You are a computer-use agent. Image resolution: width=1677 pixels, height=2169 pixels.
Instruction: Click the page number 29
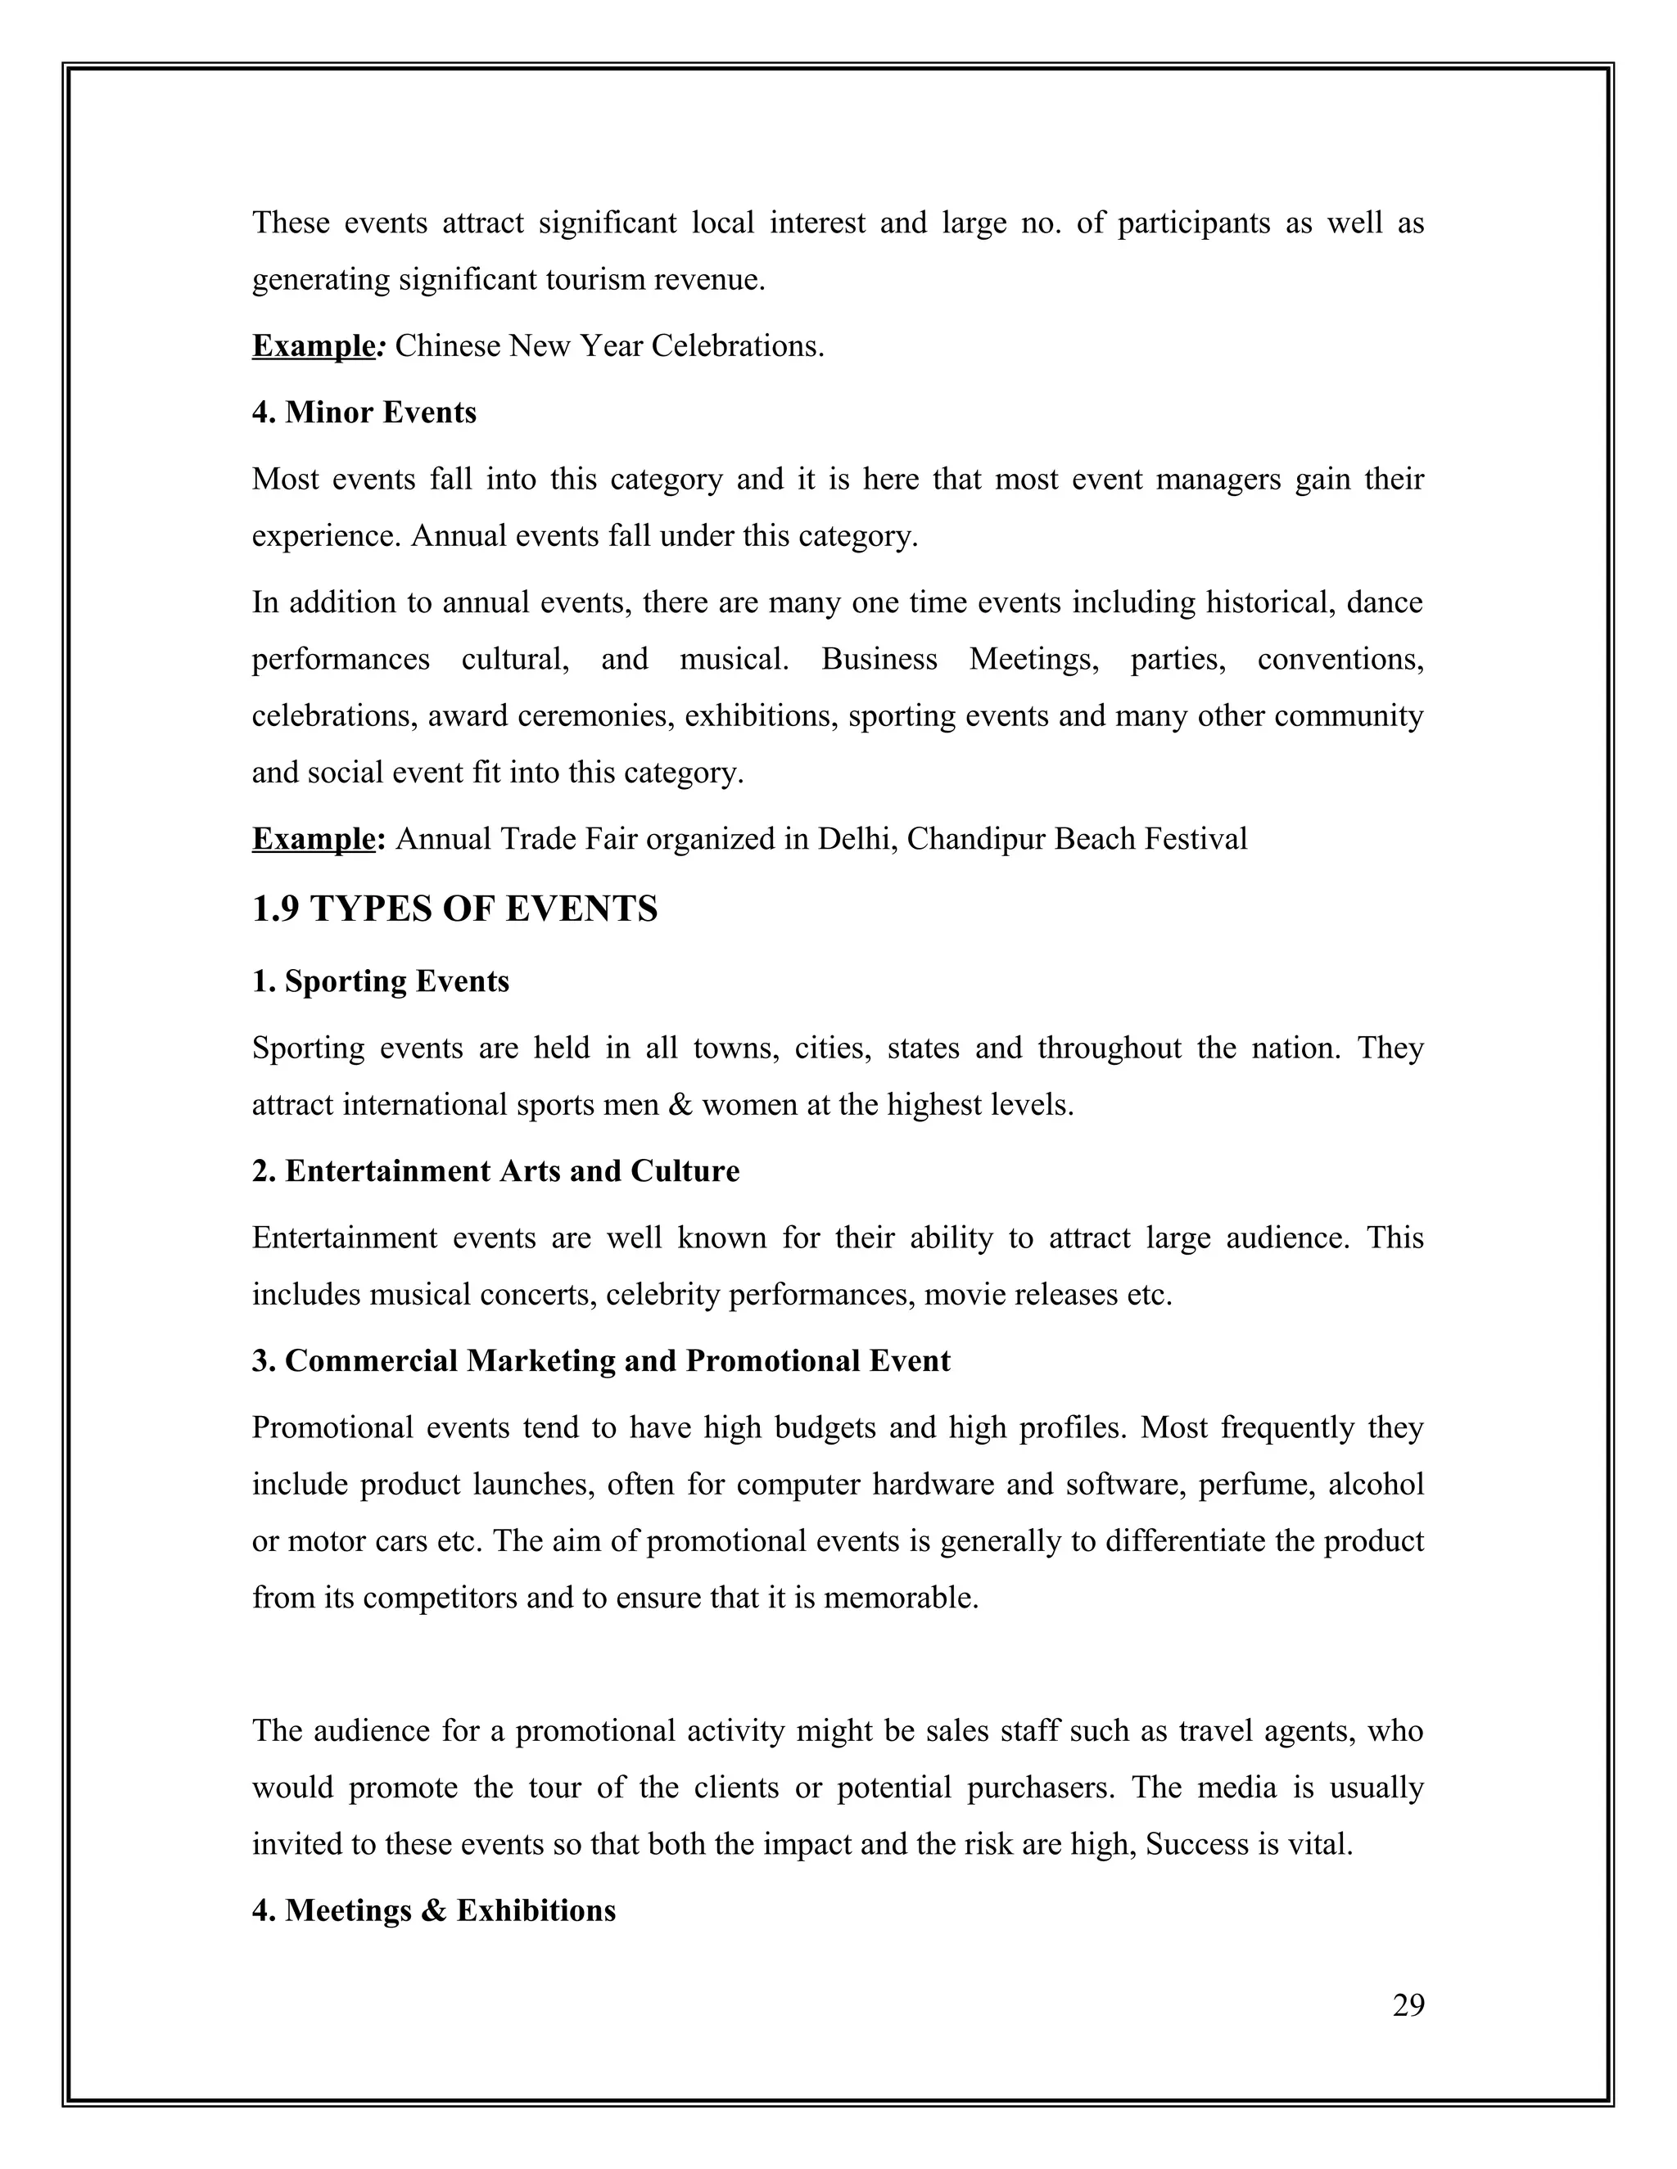point(1408,2005)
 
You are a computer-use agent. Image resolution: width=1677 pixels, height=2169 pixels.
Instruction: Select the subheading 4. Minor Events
point(364,413)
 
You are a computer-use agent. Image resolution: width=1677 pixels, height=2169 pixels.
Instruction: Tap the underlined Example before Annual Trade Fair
point(313,839)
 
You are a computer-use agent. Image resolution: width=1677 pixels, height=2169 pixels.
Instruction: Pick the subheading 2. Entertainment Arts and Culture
point(495,1171)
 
